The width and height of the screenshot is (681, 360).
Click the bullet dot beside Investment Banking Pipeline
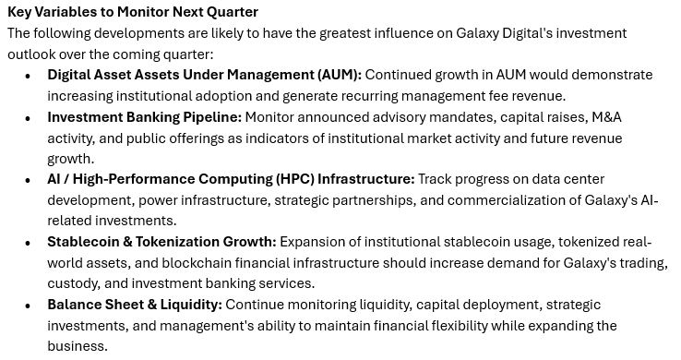pyautogui.click(x=29, y=118)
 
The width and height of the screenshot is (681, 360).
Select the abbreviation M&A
pyautogui.click(x=607, y=117)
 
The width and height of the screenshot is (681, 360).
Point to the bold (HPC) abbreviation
pyautogui.click(x=295, y=179)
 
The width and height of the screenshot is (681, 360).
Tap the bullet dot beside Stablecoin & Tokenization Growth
pyautogui.click(x=29, y=243)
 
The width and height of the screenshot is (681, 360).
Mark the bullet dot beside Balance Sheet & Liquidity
pyautogui.click(x=29, y=306)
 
